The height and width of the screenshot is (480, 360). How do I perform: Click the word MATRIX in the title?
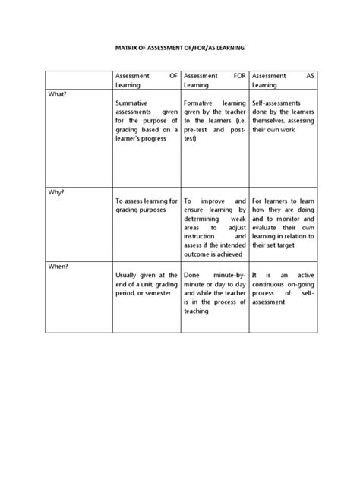click(125, 47)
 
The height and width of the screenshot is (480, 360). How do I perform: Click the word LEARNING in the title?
click(229, 47)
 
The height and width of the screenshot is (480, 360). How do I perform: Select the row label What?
click(58, 93)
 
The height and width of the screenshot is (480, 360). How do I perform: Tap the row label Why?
click(57, 192)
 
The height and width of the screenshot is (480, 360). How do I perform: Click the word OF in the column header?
click(172, 76)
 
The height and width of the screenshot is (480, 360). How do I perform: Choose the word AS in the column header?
click(309, 76)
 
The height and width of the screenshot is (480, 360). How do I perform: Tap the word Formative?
click(201, 102)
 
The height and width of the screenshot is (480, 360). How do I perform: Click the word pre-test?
click(197, 129)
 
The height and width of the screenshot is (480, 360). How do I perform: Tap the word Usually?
click(128, 274)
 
